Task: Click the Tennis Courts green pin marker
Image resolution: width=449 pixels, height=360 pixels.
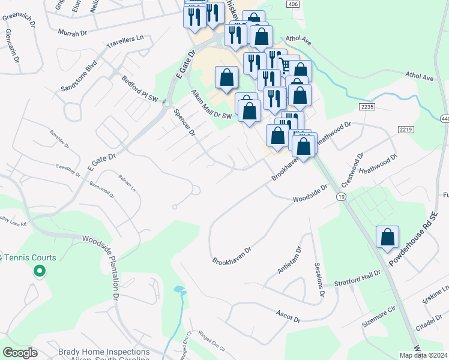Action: click(40, 271)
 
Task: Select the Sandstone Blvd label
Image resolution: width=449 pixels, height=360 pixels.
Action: click(79, 75)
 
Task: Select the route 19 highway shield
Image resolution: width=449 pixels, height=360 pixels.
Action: click(341, 197)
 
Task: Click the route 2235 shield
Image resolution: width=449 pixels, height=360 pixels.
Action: click(368, 106)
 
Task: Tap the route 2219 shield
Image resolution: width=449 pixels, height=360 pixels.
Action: click(406, 130)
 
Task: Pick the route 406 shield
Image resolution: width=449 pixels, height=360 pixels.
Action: click(292, 4)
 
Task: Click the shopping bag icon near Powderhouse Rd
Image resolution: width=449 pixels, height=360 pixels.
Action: click(387, 236)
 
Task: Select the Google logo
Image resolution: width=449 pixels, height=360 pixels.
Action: click(20, 353)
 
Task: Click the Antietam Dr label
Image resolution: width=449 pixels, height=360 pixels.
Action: click(289, 260)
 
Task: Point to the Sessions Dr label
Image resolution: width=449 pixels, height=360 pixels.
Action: click(319, 280)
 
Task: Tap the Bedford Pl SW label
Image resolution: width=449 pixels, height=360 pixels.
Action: click(140, 89)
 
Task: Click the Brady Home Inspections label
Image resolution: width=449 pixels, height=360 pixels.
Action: click(104, 352)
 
